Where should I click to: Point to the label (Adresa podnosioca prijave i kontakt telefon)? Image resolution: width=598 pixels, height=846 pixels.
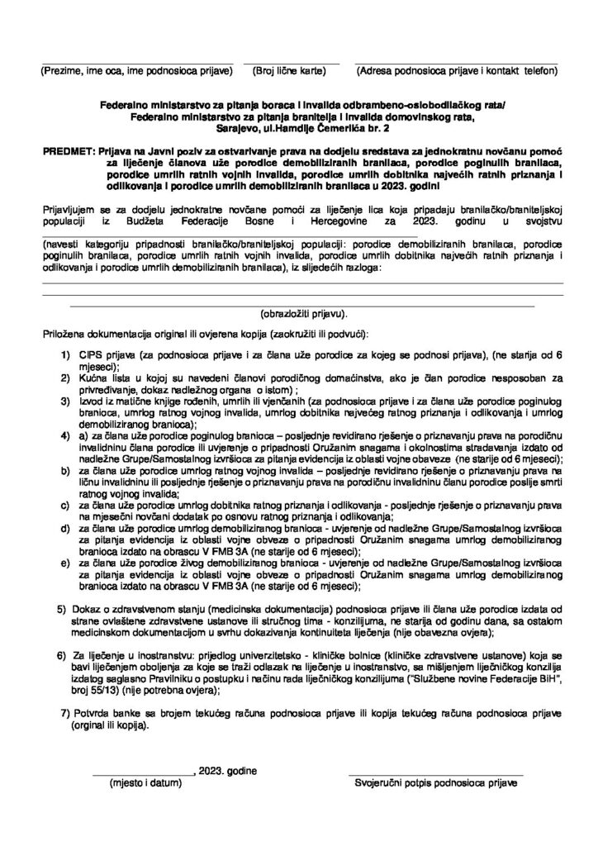click(456, 72)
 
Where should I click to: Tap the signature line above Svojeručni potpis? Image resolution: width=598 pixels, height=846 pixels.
click(439, 773)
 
